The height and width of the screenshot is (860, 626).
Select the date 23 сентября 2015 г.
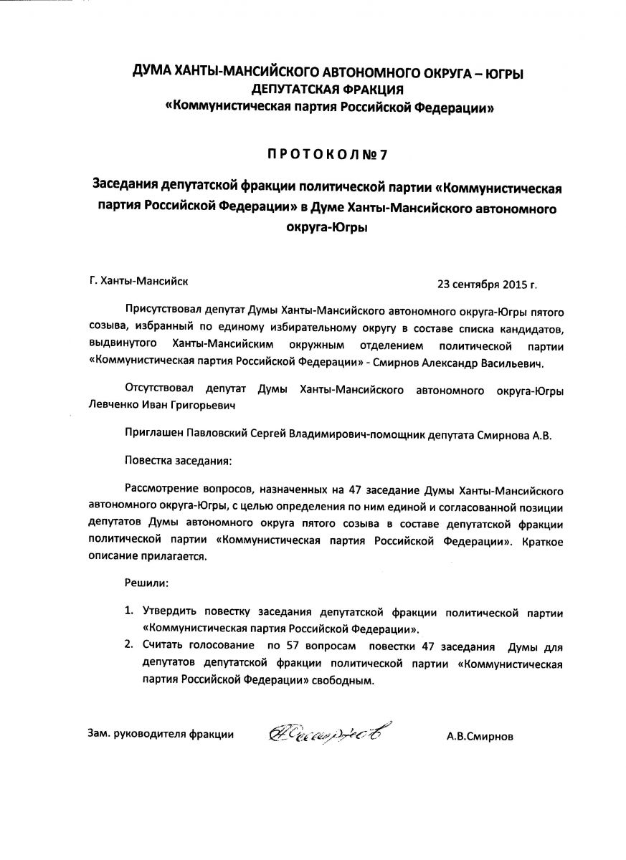tap(487, 283)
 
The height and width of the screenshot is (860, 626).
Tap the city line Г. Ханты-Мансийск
tap(141, 282)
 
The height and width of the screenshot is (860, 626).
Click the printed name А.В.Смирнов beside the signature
tap(479, 735)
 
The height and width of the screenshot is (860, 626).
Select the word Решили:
tap(146, 584)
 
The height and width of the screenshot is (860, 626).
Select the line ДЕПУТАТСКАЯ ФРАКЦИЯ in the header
tap(328, 90)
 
